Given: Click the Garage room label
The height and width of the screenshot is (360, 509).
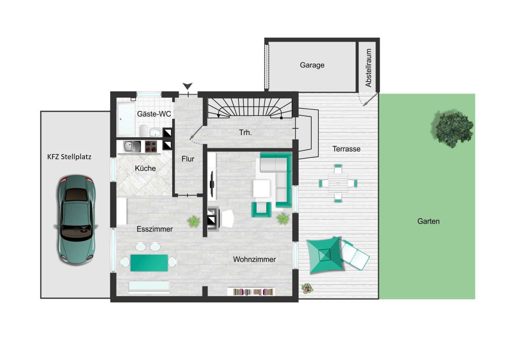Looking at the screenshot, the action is (312, 65).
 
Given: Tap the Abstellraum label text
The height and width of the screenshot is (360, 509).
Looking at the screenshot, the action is (368, 68).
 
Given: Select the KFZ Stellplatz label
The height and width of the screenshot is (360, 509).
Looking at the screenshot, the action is (69, 157).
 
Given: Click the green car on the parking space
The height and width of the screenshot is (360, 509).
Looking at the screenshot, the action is (76, 219).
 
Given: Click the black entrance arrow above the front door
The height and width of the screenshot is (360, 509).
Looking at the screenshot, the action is (187, 86).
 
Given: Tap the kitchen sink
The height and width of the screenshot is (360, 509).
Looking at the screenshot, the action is (132, 146).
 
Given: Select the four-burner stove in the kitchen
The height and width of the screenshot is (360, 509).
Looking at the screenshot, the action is (151, 146).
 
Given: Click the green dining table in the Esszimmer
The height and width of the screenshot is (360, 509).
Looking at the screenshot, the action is (149, 263).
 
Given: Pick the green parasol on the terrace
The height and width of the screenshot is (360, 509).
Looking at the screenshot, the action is (324, 255).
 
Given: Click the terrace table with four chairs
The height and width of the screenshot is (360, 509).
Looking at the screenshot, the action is (338, 183).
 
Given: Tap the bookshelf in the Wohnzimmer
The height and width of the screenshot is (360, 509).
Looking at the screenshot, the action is (251, 292).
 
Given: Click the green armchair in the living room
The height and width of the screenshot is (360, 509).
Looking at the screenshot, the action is (261, 209).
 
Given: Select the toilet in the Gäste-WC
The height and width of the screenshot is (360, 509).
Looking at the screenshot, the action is (144, 130).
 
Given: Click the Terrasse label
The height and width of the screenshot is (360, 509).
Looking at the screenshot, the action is (346, 149).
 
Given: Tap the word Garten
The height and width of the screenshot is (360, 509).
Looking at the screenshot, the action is (428, 221).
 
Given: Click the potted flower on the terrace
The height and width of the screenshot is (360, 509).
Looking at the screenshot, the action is (307, 289).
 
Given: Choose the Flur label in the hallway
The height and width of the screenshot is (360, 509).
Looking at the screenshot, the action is (187, 159).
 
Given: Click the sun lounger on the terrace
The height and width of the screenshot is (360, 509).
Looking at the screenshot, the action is (354, 255).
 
